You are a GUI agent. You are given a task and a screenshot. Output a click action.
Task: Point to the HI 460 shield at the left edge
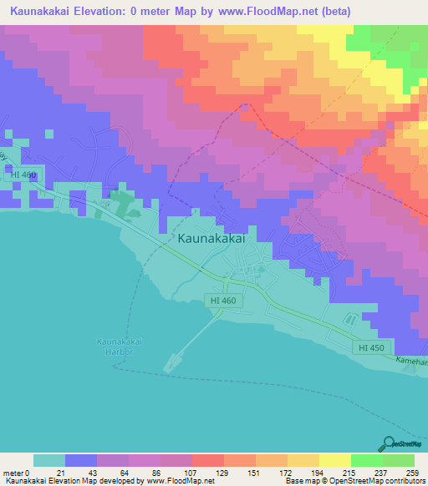coord(25,175)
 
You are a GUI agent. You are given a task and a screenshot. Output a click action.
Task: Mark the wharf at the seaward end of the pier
coord(173,361)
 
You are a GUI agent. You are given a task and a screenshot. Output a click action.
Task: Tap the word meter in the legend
coord(13,473)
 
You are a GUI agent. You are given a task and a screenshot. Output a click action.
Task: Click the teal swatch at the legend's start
coord(49,460)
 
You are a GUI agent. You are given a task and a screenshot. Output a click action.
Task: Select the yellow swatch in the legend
coord(335,460)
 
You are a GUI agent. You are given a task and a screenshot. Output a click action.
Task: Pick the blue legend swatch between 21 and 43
coord(81,460)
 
